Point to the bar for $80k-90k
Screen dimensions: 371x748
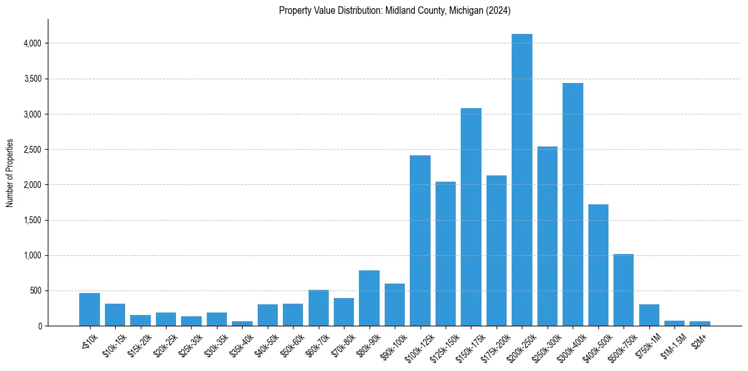tap(369, 298)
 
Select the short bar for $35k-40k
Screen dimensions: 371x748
tap(242, 323)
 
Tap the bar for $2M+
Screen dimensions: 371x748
tap(700, 323)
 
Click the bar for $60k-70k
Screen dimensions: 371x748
tap(318, 308)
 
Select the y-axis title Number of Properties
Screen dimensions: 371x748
tap(10, 173)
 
